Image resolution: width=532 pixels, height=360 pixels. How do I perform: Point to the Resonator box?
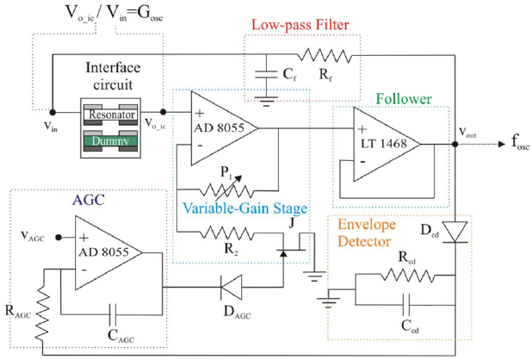(x=108, y=114)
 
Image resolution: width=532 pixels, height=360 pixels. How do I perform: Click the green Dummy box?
(x=108, y=138)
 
